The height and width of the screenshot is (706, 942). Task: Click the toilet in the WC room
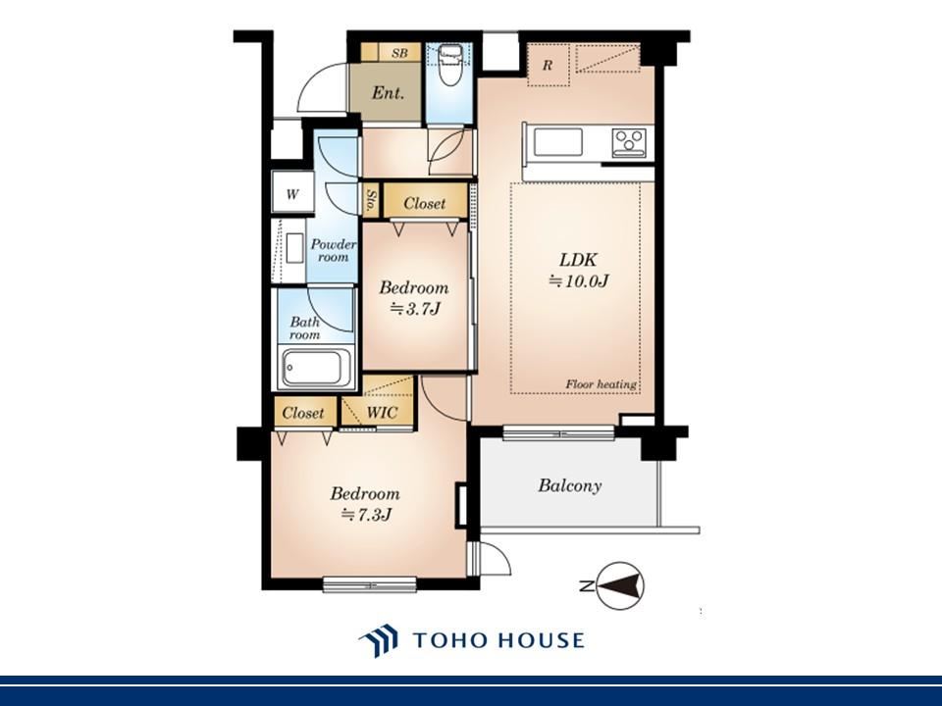point(449,66)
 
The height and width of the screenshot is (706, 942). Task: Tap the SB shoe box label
point(399,53)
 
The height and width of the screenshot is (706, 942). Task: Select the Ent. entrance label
point(388,93)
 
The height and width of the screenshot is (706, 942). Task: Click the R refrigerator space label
point(548,65)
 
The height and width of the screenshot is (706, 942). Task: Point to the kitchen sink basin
point(558,142)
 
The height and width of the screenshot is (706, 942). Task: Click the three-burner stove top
point(629,142)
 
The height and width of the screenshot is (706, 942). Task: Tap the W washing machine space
point(292,193)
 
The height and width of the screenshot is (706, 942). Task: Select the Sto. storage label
point(372,199)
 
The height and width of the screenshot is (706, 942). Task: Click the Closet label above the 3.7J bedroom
point(425,204)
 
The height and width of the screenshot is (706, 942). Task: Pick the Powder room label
point(334,250)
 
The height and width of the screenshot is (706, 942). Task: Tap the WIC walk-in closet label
point(382,413)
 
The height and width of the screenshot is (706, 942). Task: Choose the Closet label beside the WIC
point(303,413)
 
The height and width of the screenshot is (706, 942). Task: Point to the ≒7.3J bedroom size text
point(366,515)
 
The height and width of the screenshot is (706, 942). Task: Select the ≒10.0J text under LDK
point(580,280)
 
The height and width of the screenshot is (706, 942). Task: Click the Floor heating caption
point(601,384)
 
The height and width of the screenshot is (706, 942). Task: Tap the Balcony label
point(569,485)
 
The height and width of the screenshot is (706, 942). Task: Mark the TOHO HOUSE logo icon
point(379,640)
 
